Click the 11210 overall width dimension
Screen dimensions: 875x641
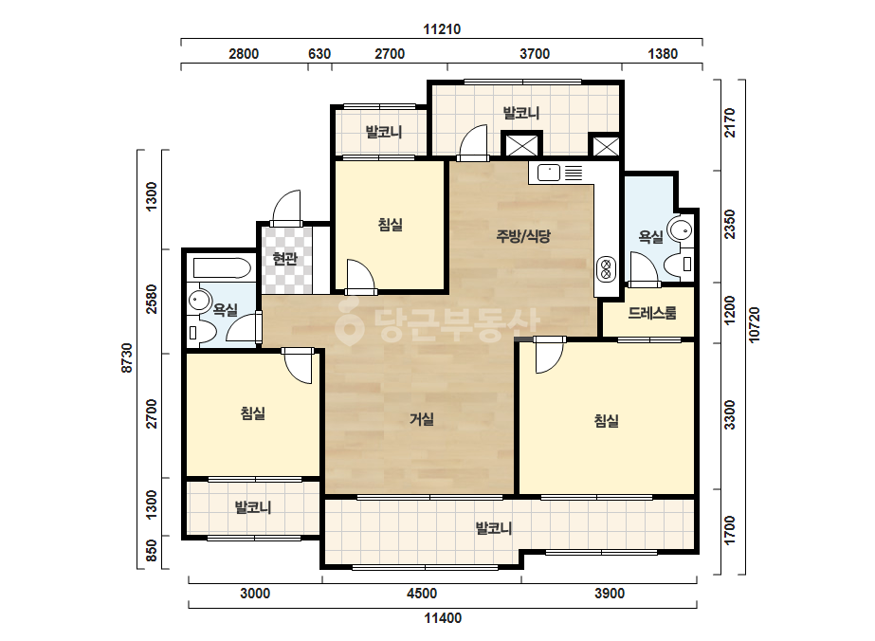[442, 29]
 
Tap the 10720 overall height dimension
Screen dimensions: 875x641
[754, 325]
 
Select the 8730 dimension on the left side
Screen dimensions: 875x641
[127, 357]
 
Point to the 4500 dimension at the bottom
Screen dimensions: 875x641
[421, 593]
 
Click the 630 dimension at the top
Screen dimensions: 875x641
[319, 54]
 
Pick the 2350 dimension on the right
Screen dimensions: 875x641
[729, 224]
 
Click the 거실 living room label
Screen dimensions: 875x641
[421, 419]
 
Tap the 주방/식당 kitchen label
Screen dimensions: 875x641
[523, 236]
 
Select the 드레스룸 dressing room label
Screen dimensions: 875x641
[652, 313]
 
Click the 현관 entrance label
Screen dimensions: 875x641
[284, 259]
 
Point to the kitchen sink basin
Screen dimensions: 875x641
[549, 173]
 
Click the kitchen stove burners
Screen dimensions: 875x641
[606, 269]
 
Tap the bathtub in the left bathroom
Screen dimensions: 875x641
[222, 268]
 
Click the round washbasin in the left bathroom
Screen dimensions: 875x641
[198, 301]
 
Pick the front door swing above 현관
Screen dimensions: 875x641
[286, 208]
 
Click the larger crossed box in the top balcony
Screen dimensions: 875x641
[521, 145]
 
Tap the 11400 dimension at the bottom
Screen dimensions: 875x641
[443, 618]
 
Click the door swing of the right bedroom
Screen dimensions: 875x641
[550, 356]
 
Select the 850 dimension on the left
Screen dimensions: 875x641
[152, 551]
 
